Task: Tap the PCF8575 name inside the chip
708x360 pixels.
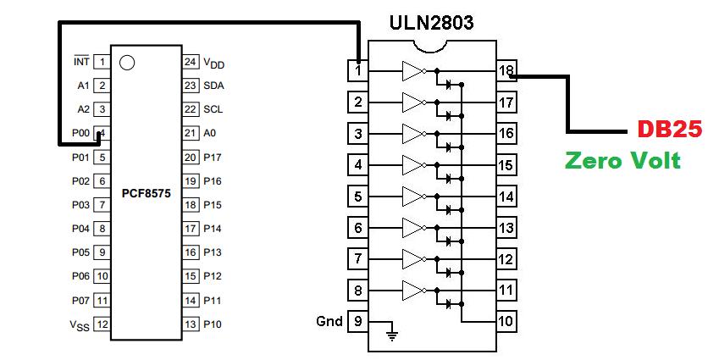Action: pos(146,194)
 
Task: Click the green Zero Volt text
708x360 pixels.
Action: pos(623,160)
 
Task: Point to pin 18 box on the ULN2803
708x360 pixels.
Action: pos(507,71)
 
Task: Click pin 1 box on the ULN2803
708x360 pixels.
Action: pos(359,71)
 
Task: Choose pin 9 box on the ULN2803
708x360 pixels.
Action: pos(359,322)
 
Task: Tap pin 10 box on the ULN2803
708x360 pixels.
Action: pos(507,322)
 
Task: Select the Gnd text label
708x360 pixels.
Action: pos(329,322)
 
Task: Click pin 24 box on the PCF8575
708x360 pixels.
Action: pos(190,62)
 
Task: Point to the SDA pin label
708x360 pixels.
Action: pos(214,86)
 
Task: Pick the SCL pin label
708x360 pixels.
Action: pos(213,109)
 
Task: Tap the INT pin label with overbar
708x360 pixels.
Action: pos(81,62)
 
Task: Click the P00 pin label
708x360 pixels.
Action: pos(80,133)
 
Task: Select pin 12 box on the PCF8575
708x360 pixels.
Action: pos(102,323)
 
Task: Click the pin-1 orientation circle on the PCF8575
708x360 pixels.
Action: pos(127,63)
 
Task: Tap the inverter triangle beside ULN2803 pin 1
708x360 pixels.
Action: pos(412,71)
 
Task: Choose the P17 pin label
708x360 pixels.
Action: pos(213,157)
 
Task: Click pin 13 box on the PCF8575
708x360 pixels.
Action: pos(190,323)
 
